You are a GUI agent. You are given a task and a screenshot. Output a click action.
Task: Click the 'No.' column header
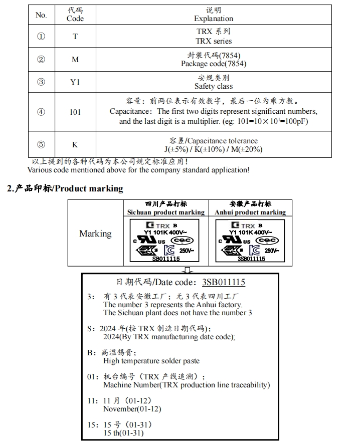41,15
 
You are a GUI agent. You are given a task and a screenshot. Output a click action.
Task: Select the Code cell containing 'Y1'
75,82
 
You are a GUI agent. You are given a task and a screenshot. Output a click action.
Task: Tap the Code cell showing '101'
75,112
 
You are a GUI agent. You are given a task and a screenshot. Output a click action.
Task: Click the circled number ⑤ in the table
41,145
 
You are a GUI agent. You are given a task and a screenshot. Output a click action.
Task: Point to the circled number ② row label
41,60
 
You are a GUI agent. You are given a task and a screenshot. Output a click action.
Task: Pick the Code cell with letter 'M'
75,60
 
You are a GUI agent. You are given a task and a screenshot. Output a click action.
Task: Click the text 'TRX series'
214,41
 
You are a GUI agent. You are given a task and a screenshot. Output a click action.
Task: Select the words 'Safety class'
214,87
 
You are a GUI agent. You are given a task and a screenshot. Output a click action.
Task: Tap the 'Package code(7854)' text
214,64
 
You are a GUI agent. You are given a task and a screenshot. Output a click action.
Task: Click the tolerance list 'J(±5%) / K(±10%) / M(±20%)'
214,149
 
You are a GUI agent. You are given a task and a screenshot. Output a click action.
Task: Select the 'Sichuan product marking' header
166,212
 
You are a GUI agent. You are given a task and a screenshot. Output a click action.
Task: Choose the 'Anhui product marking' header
250,212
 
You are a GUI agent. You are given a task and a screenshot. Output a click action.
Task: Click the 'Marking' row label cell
95,234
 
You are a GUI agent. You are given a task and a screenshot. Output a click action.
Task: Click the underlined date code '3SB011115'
224,283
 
